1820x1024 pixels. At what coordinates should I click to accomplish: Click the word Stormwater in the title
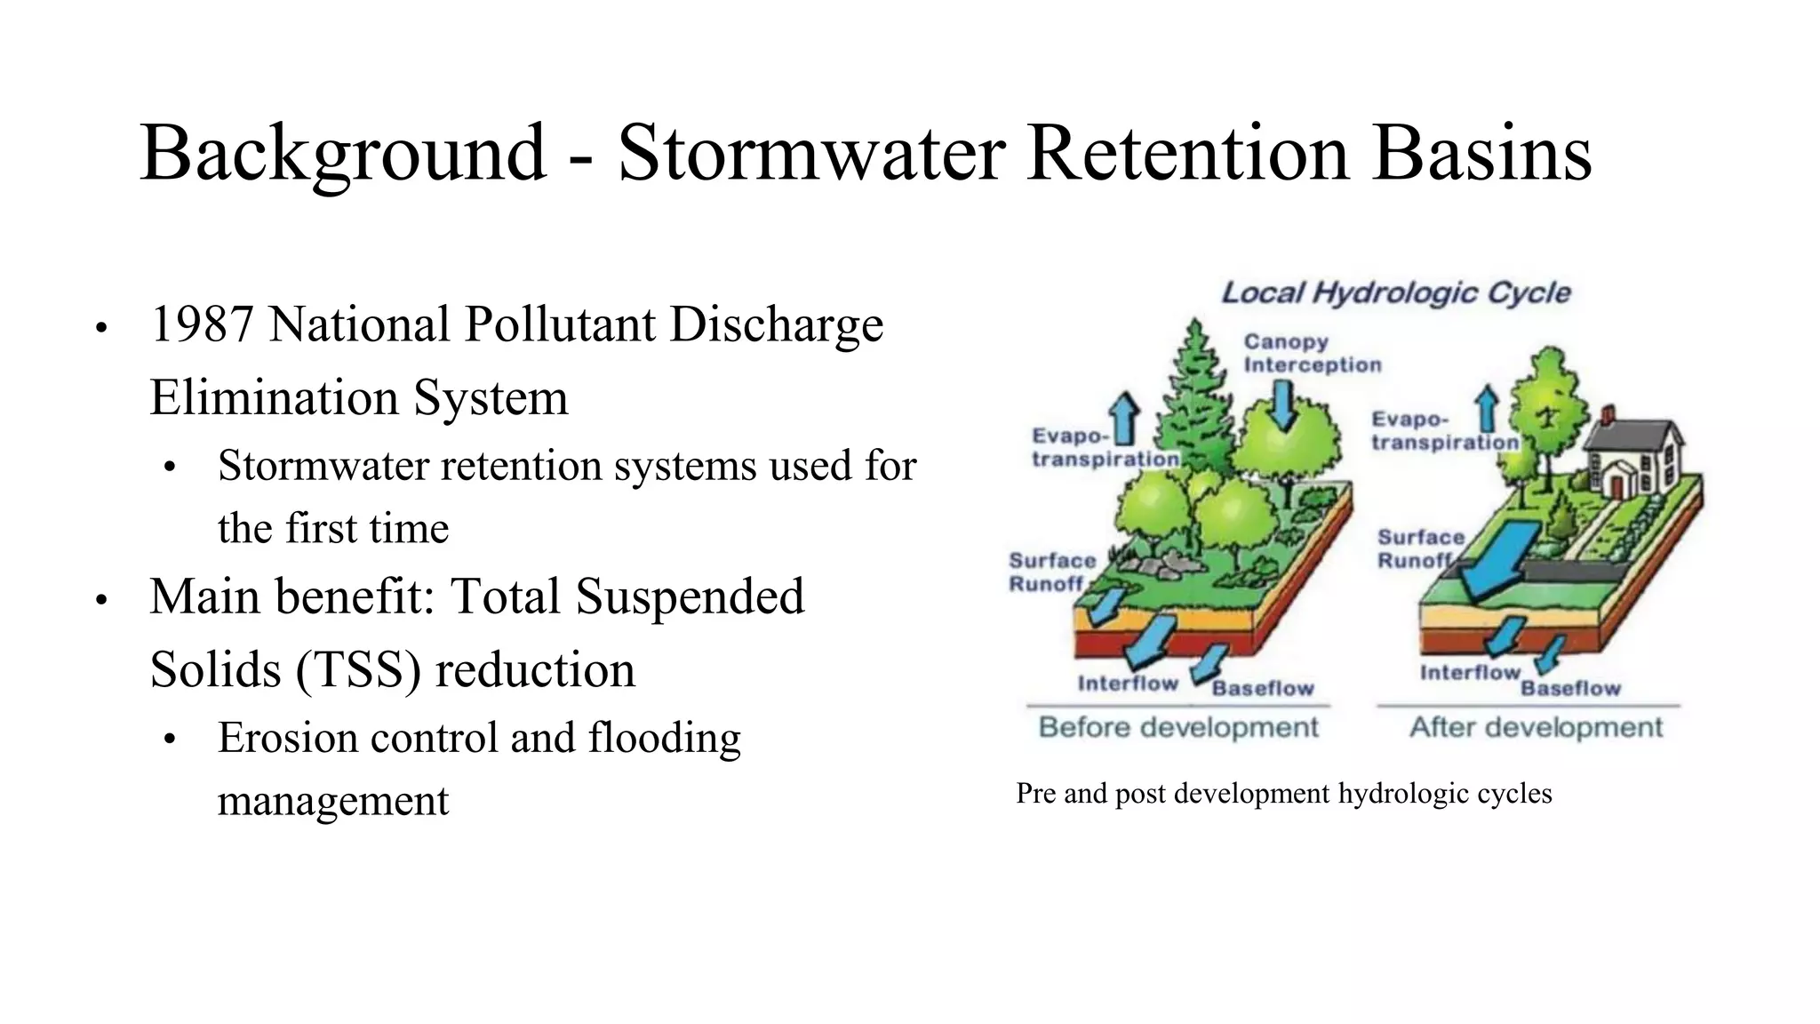tap(811, 153)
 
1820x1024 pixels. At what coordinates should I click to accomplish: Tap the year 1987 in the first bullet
tap(203, 324)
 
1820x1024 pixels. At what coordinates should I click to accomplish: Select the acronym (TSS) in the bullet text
tap(359, 669)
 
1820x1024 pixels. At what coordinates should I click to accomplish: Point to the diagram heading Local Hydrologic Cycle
tap(1395, 292)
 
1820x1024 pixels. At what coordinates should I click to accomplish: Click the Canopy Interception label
tap(1311, 353)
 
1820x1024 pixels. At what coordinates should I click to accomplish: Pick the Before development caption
tap(1178, 727)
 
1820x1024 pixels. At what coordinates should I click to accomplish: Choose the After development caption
tap(1536, 727)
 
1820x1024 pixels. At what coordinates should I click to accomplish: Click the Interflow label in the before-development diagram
tap(1127, 683)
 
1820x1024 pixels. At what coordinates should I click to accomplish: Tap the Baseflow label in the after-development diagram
tap(1570, 688)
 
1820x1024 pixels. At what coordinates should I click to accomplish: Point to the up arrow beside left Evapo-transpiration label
tap(1125, 419)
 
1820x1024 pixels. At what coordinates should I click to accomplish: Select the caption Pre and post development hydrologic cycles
tap(1283, 793)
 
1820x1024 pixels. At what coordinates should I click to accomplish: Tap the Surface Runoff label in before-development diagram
tap(1051, 572)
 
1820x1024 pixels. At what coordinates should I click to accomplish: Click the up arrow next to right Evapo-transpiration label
tap(1486, 409)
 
